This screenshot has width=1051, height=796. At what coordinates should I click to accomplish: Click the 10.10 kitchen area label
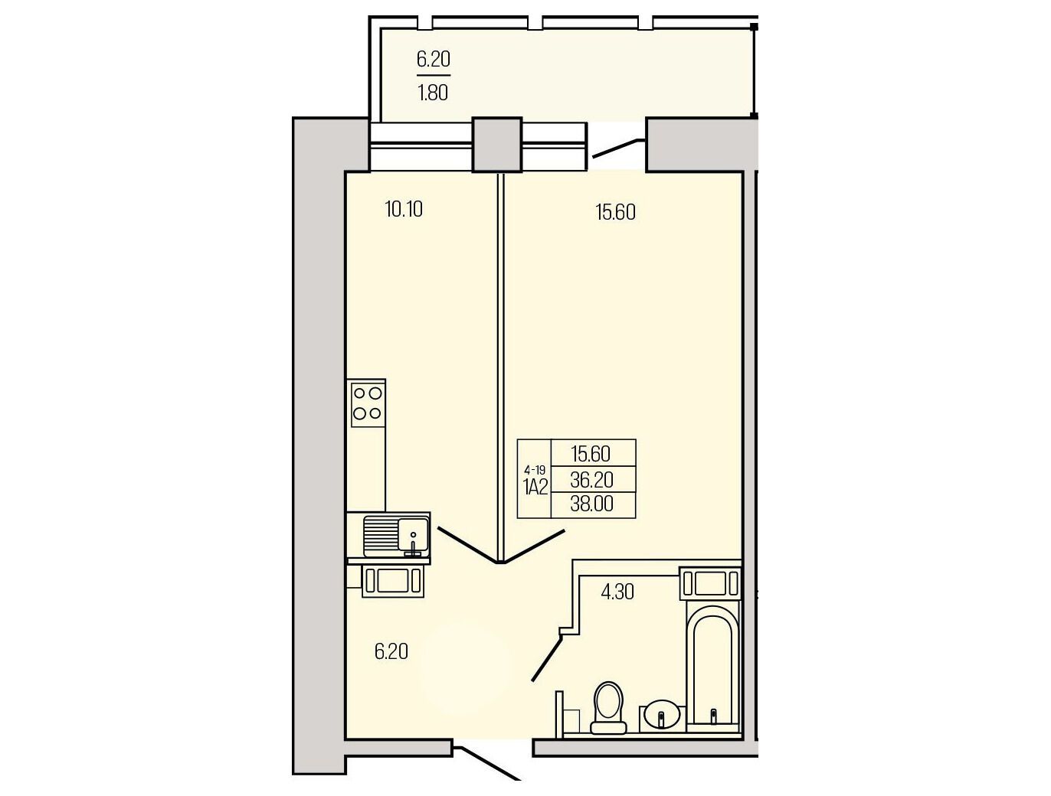(404, 210)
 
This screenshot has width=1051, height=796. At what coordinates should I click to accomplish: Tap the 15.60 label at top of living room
(616, 212)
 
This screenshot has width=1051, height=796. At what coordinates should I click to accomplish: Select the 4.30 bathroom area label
(617, 592)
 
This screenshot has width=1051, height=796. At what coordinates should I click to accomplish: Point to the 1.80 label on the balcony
(433, 93)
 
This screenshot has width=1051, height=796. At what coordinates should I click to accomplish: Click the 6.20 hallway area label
(391, 652)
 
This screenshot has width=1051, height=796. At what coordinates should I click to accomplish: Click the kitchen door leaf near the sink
(470, 545)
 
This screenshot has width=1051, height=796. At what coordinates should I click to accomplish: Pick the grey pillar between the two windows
(497, 145)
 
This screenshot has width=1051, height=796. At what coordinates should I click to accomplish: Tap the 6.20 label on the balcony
(434, 60)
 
